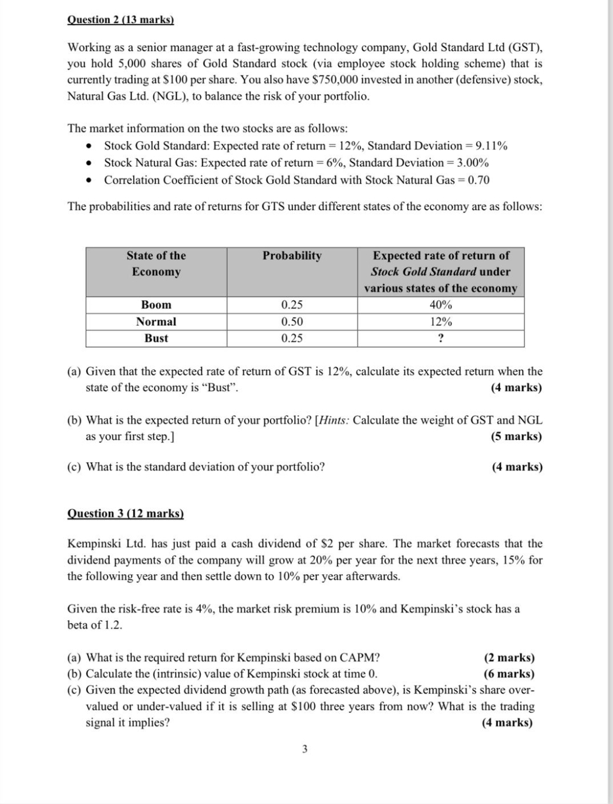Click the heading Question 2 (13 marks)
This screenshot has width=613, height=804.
click(x=121, y=20)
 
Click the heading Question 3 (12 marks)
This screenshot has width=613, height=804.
click(x=126, y=513)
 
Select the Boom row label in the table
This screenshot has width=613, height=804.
click(x=156, y=305)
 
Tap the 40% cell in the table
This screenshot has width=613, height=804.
click(x=441, y=305)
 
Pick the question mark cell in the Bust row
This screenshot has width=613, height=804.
click(x=441, y=338)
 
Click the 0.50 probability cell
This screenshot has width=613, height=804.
click(x=292, y=322)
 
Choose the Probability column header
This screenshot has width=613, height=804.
click(x=292, y=255)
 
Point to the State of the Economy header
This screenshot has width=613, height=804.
click(x=156, y=264)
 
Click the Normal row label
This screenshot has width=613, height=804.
click(x=156, y=322)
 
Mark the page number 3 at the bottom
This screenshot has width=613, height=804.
click(x=304, y=749)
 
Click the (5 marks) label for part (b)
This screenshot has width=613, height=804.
click(x=516, y=436)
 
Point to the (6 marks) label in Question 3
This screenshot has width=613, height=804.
click(x=508, y=674)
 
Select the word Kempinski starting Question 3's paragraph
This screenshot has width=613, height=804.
click(x=95, y=544)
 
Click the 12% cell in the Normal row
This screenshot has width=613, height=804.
click(x=441, y=322)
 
